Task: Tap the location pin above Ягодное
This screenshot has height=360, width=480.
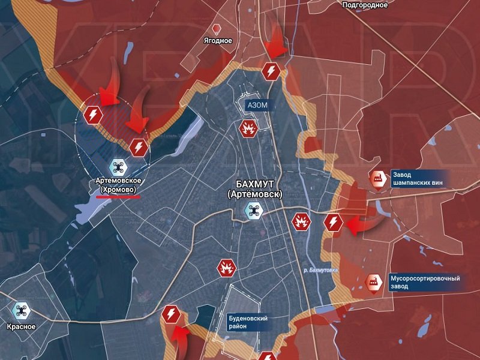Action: tap(217, 28)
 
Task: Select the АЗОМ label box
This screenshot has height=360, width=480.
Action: tap(257, 105)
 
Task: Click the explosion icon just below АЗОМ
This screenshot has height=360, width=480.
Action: tap(248, 128)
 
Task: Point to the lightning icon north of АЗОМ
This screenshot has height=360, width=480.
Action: tap(271, 71)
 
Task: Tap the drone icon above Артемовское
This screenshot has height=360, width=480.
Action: tap(117, 167)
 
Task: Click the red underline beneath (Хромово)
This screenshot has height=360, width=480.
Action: tap(118, 196)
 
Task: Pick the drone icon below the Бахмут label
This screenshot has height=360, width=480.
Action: tap(253, 211)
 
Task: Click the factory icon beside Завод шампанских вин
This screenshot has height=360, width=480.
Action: tap(378, 178)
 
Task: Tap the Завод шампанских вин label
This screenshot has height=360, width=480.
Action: tap(418, 178)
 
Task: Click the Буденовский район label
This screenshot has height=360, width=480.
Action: tap(248, 323)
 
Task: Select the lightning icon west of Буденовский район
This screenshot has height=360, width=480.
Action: tap(172, 314)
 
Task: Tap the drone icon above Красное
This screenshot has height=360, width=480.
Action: tap(22, 311)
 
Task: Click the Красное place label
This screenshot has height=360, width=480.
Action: tap(22, 327)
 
